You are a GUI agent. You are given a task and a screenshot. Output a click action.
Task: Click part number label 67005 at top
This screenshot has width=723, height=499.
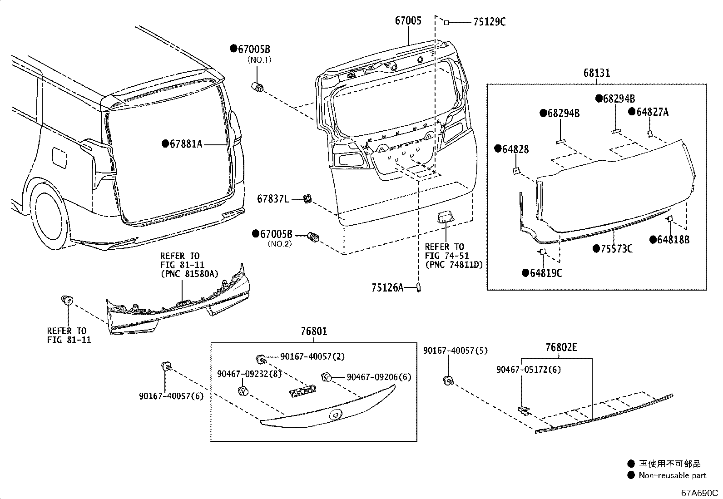click(x=408, y=20)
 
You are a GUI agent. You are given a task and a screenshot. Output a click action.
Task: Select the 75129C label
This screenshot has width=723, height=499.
click(x=489, y=22)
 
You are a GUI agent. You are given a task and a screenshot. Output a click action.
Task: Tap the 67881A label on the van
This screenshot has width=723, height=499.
click(x=186, y=144)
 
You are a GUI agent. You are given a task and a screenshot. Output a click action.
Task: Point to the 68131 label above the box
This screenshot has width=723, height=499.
click(x=597, y=73)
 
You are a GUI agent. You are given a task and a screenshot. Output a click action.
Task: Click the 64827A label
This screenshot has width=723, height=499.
click(x=652, y=112)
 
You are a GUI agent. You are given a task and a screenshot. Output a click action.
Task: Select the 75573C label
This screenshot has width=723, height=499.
click(x=616, y=249)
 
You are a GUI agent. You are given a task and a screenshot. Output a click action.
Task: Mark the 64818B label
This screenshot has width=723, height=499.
click(x=673, y=240)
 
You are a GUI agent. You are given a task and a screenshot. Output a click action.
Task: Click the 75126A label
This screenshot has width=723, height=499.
click(x=387, y=287)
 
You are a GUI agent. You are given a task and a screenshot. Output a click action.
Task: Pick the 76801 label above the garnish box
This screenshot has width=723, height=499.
click(x=313, y=332)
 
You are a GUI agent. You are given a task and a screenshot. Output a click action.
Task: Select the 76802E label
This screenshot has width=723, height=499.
click(x=561, y=347)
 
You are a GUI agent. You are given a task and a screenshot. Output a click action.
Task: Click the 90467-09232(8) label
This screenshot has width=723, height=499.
click(x=249, y=373)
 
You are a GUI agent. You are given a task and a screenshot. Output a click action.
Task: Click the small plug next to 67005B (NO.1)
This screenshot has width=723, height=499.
click(x=258, y=87)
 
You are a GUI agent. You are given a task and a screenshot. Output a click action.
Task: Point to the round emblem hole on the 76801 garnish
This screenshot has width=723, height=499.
click(x=336, y=415)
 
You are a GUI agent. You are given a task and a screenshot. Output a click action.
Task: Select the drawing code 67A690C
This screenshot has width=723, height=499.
click(x=699, y=493)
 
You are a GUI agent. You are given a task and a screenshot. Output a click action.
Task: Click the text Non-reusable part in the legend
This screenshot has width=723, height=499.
click(x=672, y=475)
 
